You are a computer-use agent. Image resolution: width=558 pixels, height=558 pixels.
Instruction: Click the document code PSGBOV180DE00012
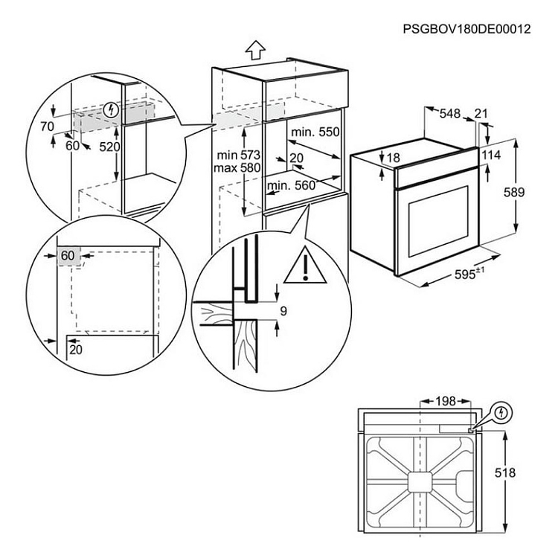point(466,30)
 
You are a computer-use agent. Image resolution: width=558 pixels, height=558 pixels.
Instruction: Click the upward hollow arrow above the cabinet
point(254,50)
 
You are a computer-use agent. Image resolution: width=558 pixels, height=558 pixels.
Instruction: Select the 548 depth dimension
point(449,113)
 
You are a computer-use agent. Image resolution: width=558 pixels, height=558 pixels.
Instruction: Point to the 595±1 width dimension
point(469,273)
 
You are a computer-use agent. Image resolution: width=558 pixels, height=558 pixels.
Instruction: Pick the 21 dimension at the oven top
point(481,113)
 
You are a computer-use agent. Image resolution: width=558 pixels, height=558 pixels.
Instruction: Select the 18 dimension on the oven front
point(394,158)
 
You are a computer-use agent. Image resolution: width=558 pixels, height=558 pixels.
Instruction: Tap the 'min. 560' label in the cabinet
point(292,186)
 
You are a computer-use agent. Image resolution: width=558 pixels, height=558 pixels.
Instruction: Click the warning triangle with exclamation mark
point(305,266)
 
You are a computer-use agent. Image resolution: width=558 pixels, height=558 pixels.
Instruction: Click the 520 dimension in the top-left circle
point(109,147)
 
